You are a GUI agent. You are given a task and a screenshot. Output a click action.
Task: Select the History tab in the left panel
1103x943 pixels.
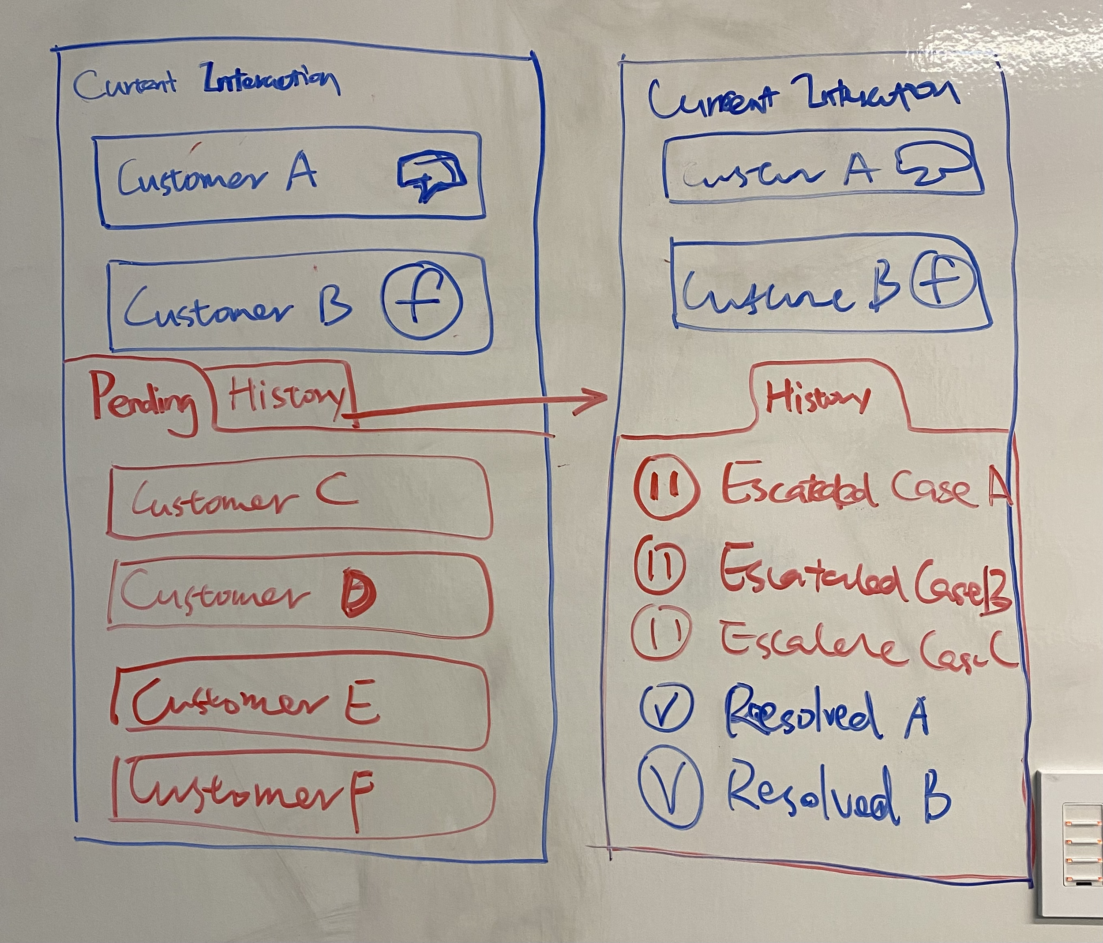pyautogui.click(x=285, y=396)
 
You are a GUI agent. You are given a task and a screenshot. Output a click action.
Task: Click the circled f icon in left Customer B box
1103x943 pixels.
pyautogui.click(x=423, y=301)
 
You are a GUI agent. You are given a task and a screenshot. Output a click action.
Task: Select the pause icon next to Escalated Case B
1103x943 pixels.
pyautogui.click(x=659, y=566)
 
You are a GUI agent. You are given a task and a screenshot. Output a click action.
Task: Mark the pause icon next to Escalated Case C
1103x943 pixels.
pyautogui.click(x=662, y=633)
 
